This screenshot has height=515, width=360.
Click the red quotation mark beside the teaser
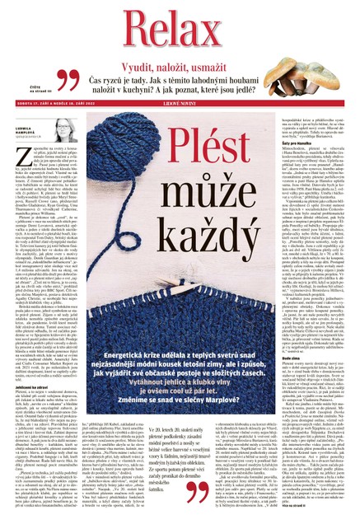click(x=71, y=82)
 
